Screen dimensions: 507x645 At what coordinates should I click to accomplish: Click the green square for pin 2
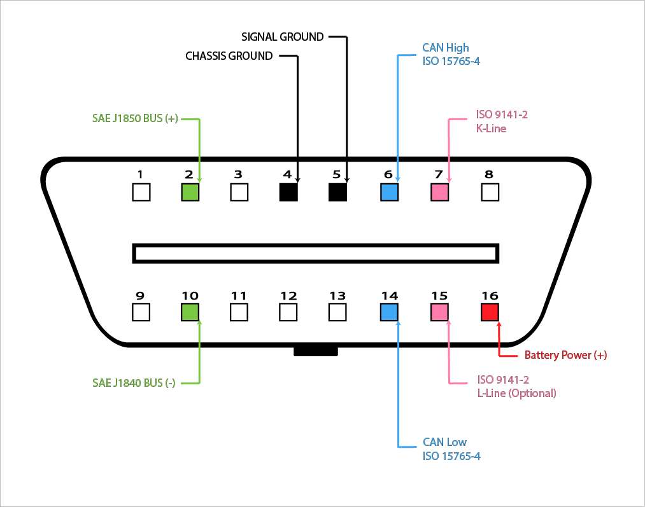point(190,192)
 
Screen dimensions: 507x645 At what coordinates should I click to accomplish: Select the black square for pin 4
point(288,192)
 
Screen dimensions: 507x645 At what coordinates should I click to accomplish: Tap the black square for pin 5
point(337,192)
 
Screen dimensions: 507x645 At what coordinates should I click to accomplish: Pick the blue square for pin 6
point(389,192)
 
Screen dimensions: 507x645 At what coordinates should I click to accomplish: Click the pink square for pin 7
point(439,192)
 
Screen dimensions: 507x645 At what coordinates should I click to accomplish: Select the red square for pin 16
point(490,312)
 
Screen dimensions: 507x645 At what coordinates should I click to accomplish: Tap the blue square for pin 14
point(389,312)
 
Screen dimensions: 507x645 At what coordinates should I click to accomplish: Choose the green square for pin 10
point(190,312)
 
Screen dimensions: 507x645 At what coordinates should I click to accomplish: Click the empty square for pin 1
point(141,192)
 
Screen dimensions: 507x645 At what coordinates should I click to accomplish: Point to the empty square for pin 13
point(337,312)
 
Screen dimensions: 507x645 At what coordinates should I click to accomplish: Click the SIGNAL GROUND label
point(282,37)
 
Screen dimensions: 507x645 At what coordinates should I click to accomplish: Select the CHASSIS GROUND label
point(229,56)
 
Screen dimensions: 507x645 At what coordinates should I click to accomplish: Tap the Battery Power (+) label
point(565,356)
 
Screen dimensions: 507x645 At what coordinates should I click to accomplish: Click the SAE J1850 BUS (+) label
point(135,118)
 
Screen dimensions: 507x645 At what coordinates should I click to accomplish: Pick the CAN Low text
point(444,442)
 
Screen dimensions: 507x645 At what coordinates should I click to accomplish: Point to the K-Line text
point(491,128)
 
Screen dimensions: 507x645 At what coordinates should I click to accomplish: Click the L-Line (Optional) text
point(516,393)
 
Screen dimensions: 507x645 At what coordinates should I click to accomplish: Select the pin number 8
point(489,174)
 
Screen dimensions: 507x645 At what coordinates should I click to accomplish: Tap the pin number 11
point(239,296)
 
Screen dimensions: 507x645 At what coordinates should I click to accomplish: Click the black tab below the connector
point(315,351)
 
